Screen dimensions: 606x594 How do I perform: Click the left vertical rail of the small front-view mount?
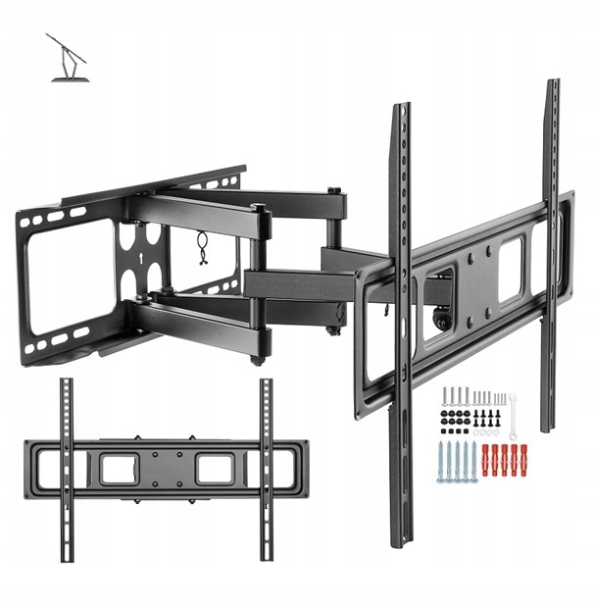point(66,469)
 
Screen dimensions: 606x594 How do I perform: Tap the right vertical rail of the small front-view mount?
point(266,469)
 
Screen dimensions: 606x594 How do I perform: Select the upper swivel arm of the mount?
point(245,211)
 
